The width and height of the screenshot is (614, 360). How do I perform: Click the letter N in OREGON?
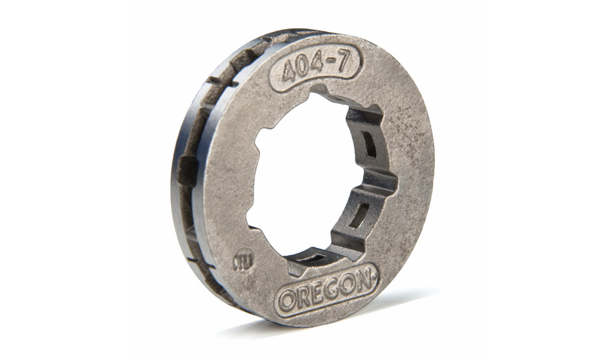pyautogui.click(x=363, y=280)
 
